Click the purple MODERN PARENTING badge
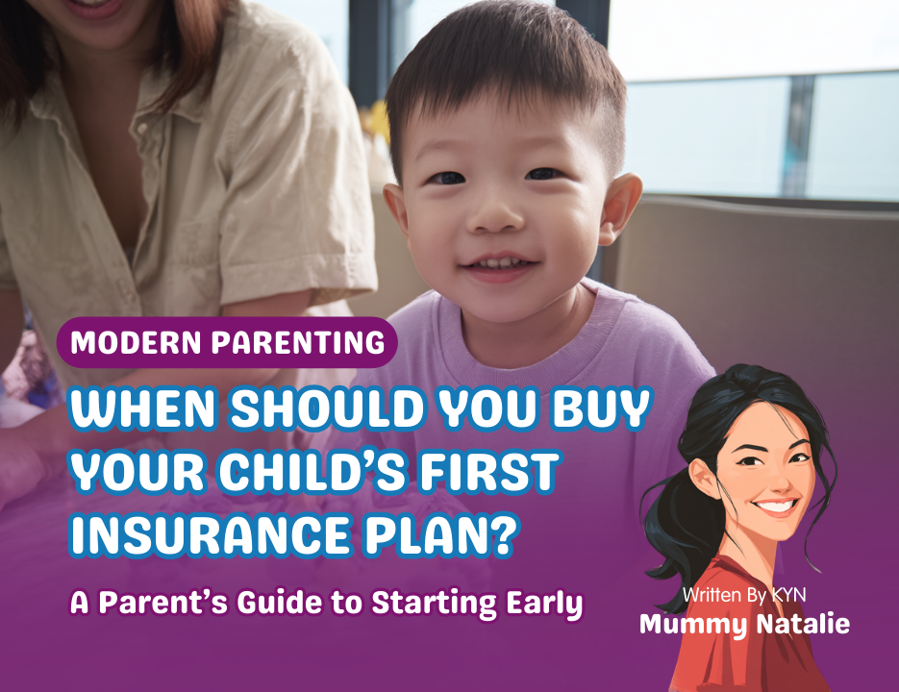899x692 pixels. pyautogui.click(x=227, y=342)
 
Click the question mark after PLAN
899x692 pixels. pyautogui.click(x=497, y=534)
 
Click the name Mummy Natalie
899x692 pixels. pyautogui.click(x=744, y=624)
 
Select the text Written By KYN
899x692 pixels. pyautogui.click(x=744, y=595)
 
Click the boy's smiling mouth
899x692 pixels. pyautogui.click(x=494, y=263)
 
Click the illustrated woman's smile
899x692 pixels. pyautogui.click(x=775, y=505)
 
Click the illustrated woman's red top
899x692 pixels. pyautogui.click(x=731, y=663)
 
